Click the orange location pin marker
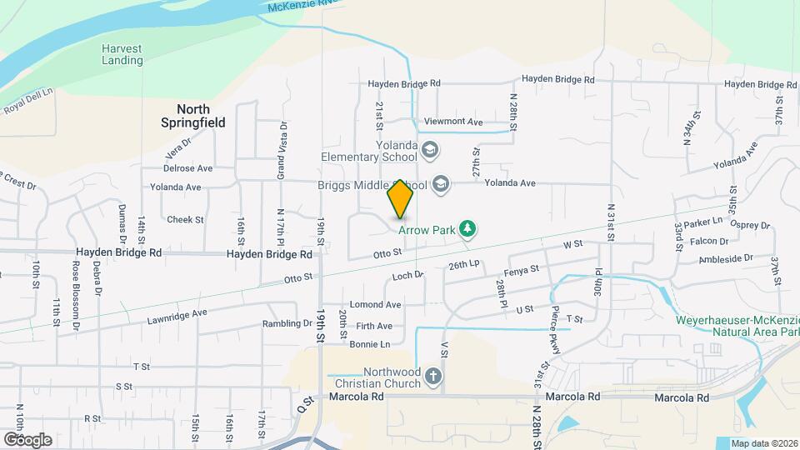(401, 198)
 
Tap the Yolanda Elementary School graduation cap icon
(430, 151)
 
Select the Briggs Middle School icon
(440, 184)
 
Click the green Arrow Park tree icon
(468, 228)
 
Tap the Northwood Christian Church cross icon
(432, 377)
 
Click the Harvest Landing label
(122, 54)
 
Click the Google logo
(27, 439)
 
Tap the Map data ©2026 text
(763, 443)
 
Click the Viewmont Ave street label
(453, 122)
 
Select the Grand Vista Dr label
(282, 151)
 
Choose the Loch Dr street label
(407, 274)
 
